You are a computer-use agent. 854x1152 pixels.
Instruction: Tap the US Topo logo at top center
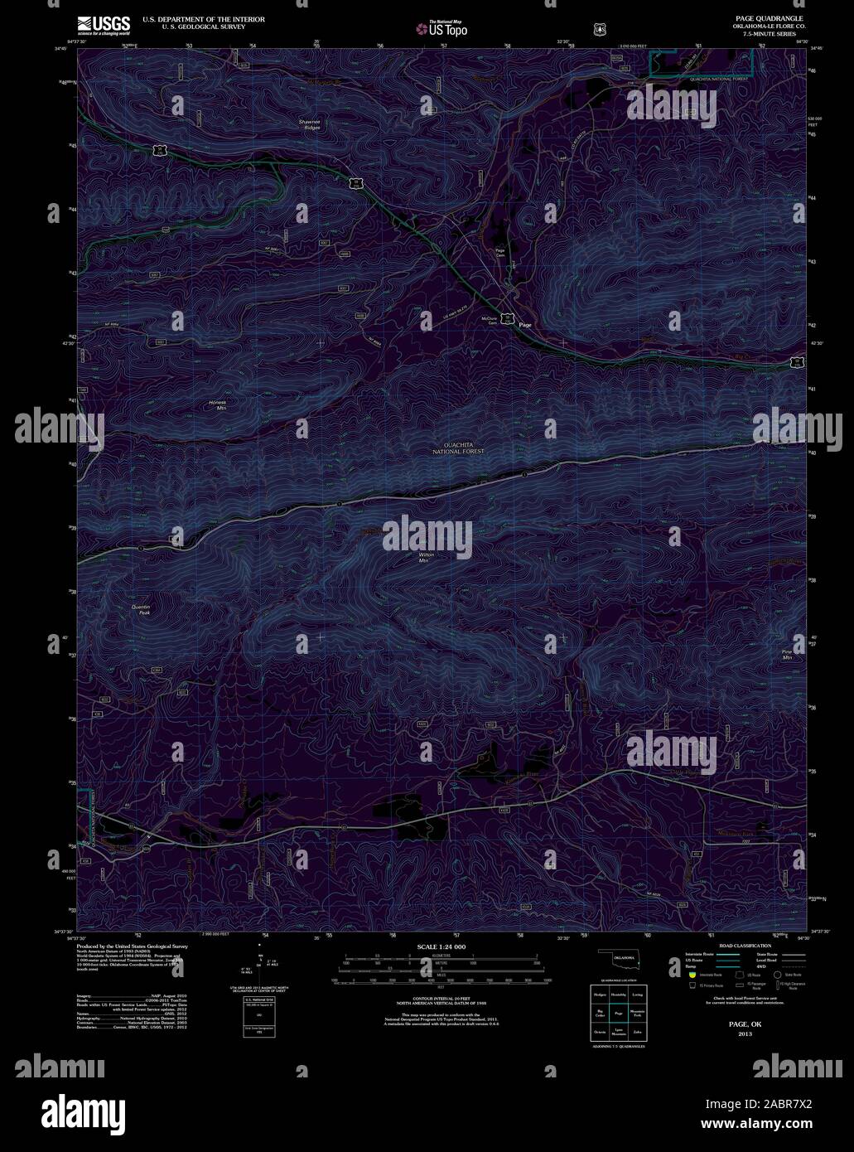(442, 28)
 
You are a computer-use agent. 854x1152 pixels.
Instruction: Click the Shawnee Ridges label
(310, 125)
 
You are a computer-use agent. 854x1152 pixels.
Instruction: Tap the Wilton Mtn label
(426, 557)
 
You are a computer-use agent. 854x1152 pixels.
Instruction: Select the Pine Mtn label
(787, 655)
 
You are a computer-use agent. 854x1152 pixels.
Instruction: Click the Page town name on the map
(525, 325)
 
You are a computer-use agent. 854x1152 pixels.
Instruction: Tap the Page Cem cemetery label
(499, 253)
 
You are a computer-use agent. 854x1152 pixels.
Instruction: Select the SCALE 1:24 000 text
(441, 946)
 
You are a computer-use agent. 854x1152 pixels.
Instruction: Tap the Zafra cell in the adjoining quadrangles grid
(637, 1033)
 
